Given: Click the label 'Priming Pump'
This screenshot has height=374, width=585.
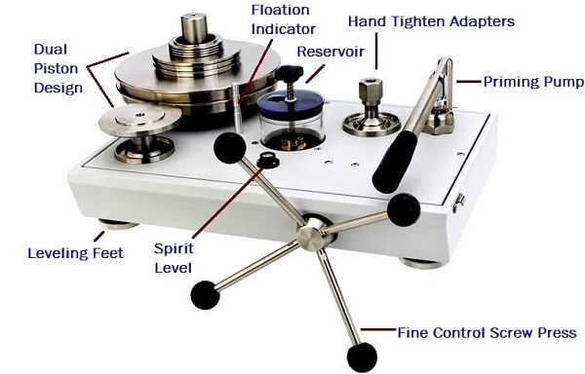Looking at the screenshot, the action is point(533,82).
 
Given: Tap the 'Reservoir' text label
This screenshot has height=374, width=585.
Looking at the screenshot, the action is point(331,52).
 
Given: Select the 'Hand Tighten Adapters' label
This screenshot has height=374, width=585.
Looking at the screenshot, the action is point(431,21).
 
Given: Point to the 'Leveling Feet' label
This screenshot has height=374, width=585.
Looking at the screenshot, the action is point(75,253).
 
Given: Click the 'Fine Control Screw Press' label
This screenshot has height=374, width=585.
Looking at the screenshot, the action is point(487,333).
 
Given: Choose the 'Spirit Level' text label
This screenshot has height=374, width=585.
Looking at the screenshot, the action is point(174,258).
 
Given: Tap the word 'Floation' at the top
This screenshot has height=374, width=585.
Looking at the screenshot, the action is point(280,10).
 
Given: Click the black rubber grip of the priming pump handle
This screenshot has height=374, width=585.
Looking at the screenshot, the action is point(395,162).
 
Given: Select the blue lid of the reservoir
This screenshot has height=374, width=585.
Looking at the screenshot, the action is point(290,102).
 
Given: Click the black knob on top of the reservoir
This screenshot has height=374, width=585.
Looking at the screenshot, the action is point(290,72).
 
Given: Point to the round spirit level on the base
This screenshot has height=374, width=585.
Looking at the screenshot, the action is point(268,160).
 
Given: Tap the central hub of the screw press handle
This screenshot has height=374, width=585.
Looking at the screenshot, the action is point(311,235).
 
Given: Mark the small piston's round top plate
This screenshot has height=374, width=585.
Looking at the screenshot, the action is point(139,119).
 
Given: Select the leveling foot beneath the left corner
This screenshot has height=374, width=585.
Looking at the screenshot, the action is point(118,224).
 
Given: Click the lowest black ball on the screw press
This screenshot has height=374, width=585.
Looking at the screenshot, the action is point(362,357).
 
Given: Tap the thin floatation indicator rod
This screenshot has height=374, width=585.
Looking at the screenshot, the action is point(237,109).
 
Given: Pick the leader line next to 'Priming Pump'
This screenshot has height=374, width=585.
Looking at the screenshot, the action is point(468,81).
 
